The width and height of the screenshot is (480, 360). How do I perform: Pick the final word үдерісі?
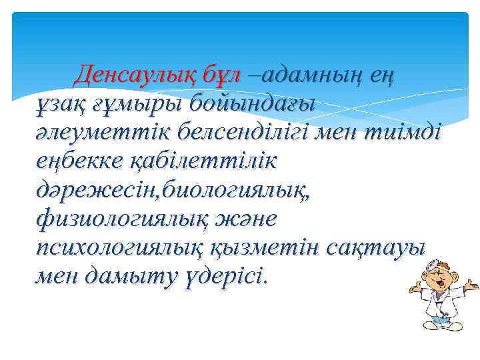click(229, 275)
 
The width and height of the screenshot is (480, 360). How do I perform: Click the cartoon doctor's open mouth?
click(440, 287)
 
